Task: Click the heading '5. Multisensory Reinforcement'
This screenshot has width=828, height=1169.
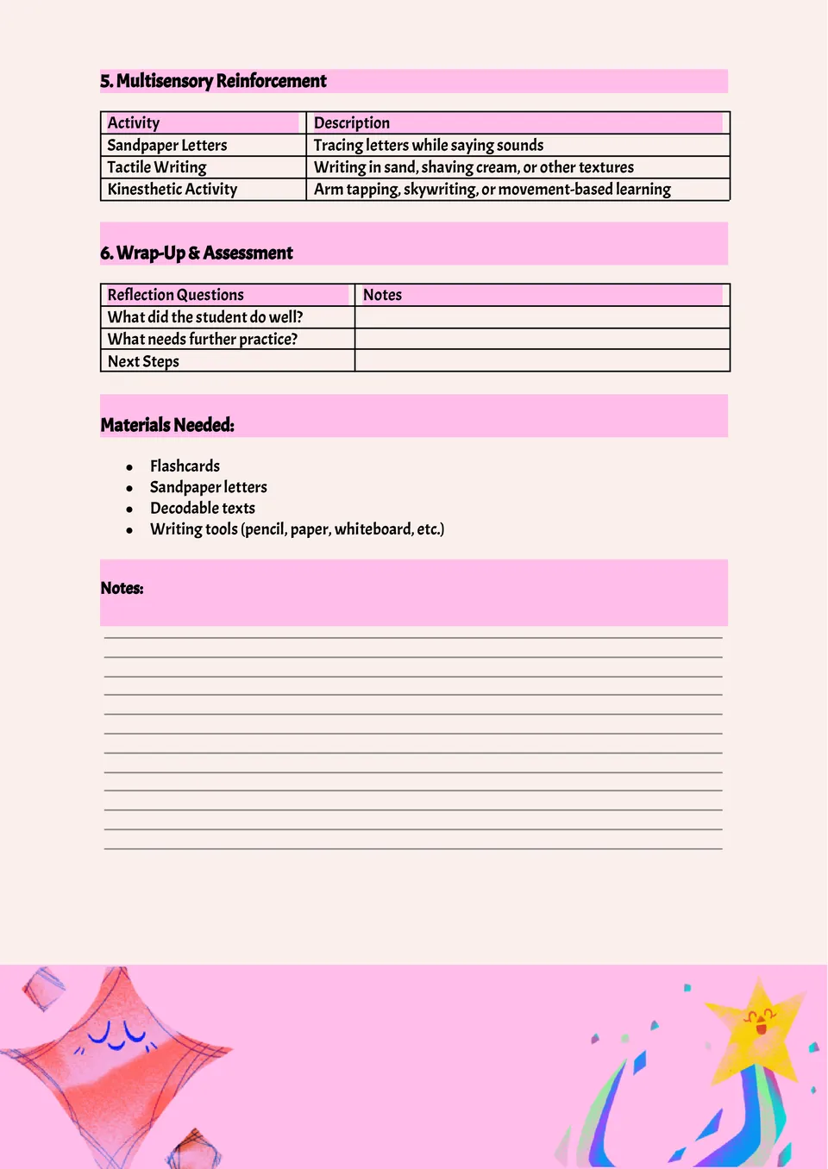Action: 213,81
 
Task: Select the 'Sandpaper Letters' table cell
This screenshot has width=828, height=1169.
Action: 167,145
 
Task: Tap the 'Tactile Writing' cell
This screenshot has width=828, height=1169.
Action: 157,167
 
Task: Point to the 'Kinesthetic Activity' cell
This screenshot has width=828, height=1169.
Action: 172,190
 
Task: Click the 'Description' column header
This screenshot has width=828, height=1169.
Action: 352,123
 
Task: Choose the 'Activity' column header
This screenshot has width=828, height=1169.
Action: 134,123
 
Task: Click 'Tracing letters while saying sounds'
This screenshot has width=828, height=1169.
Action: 429,145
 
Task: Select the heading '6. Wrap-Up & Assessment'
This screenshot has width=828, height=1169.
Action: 197,253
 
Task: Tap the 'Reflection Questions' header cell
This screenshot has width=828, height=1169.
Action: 176,295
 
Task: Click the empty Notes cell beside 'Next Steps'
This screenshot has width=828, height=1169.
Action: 542,360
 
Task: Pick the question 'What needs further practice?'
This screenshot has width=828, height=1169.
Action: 203,340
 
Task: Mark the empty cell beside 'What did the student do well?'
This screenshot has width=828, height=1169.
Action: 542,317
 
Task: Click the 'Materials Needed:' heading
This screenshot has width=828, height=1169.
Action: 167,425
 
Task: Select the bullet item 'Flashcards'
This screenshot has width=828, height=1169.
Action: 185,466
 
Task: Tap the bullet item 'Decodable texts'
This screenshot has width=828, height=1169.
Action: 203,509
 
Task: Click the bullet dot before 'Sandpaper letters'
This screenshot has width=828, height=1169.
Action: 129,489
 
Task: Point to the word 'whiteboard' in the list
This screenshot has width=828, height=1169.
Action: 373,529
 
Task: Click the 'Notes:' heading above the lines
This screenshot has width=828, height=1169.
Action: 122,588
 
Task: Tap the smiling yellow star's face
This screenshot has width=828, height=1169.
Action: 760,1022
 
